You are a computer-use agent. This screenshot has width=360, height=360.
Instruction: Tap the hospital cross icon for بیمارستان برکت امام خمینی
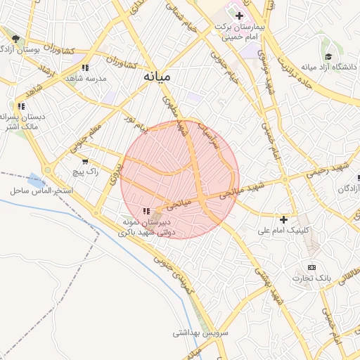[240, 15]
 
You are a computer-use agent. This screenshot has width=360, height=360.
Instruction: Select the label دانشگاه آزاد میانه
[329, 67]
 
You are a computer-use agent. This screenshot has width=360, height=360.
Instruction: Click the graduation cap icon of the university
[329, 56]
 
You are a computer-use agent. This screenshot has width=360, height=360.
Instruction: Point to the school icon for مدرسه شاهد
[85, 67]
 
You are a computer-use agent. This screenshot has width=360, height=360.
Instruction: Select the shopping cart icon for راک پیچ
[85, 161]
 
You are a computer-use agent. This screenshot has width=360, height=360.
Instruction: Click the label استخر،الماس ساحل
[38, 191]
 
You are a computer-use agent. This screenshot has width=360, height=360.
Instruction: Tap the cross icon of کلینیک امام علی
[284, 219]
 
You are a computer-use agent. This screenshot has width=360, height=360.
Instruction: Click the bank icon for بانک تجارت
[312, 267]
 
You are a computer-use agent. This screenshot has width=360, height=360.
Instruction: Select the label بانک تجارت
[314, 278]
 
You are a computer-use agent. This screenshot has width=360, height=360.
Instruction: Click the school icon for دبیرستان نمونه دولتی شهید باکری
[146, 210]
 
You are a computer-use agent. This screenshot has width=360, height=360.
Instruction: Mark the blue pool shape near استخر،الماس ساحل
[35, 180]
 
